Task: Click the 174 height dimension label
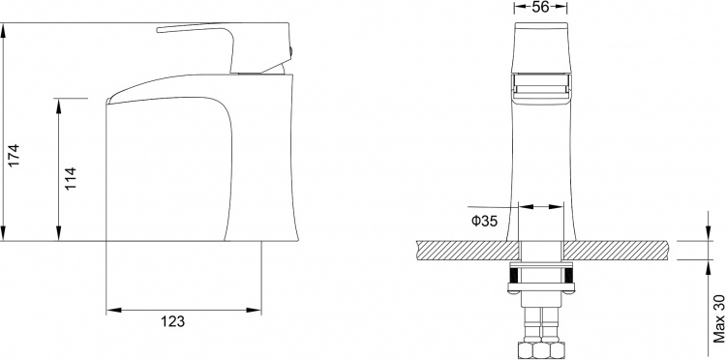14,156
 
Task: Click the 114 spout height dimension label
70,179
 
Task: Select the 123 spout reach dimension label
172,321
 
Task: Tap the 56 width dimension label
540,7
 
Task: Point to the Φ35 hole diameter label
484,222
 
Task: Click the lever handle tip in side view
159,30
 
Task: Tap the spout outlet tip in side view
108,101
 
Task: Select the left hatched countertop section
468,251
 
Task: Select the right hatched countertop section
616,251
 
